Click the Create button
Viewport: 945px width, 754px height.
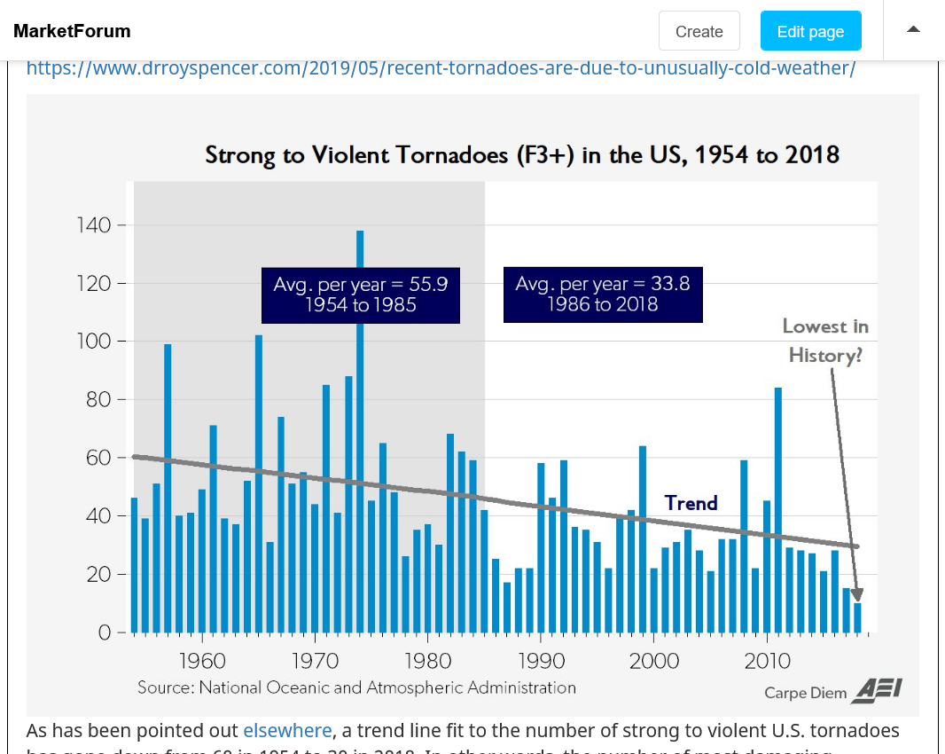pos(699,31)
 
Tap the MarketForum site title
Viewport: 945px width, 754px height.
pos(72,31)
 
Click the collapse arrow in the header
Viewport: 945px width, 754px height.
pos(913,29)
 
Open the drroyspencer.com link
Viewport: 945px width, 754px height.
pos(441,68)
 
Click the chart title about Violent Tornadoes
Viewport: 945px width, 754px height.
pos(522,155)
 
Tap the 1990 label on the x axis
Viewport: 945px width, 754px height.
pos(541,661)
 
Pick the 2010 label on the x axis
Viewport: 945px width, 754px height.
pos(767,661)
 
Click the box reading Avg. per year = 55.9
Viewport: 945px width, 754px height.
pos(360,295)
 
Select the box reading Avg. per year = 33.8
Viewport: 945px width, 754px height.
pos(603,295)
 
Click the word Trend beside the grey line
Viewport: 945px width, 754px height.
pos(691,503)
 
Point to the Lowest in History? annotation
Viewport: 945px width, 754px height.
pos(825,341)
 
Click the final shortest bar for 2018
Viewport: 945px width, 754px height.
pos(857,617)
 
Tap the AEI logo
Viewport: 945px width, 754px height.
pos(878,690)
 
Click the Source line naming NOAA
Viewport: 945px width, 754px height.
pos(356,687)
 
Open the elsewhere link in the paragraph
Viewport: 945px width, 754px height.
pos(287,730)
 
